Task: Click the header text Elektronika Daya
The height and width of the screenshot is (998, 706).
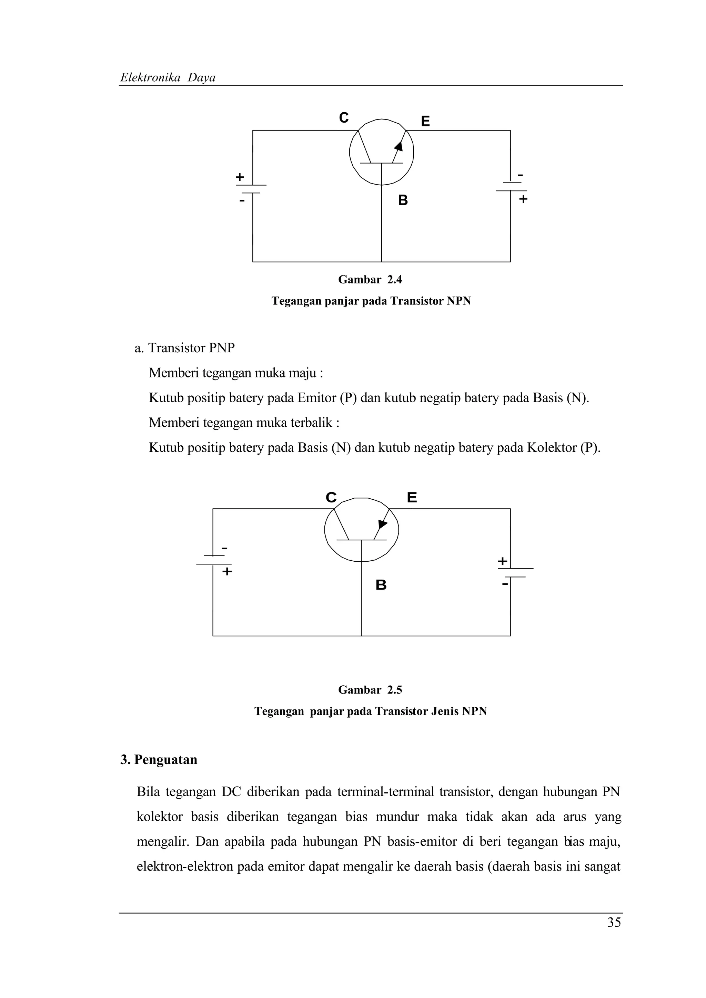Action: click(x=168, y=78)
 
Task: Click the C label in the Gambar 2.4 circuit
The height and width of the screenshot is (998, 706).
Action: click(x=344, y=117)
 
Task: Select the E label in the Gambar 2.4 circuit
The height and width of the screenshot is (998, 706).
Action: click(x=425, y=121)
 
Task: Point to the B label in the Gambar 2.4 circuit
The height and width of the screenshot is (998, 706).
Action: click(x=403, y=200)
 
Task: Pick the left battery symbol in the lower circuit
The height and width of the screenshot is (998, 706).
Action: click(x=213, y=560)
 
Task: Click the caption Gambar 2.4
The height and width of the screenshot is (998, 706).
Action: click(x=370, y=280)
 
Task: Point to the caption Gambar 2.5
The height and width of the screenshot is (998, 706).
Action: click(x=370, y=690)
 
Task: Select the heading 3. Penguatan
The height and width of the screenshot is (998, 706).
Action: click(x=159, y=759)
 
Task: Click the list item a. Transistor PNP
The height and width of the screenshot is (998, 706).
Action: click(x=185, y=348)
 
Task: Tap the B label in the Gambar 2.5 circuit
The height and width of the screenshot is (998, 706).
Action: click(x=381, y=585)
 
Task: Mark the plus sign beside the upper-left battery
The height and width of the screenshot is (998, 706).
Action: click(x=240, y=177)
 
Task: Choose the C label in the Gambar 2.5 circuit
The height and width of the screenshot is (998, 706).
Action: click(x=331, y=497)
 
